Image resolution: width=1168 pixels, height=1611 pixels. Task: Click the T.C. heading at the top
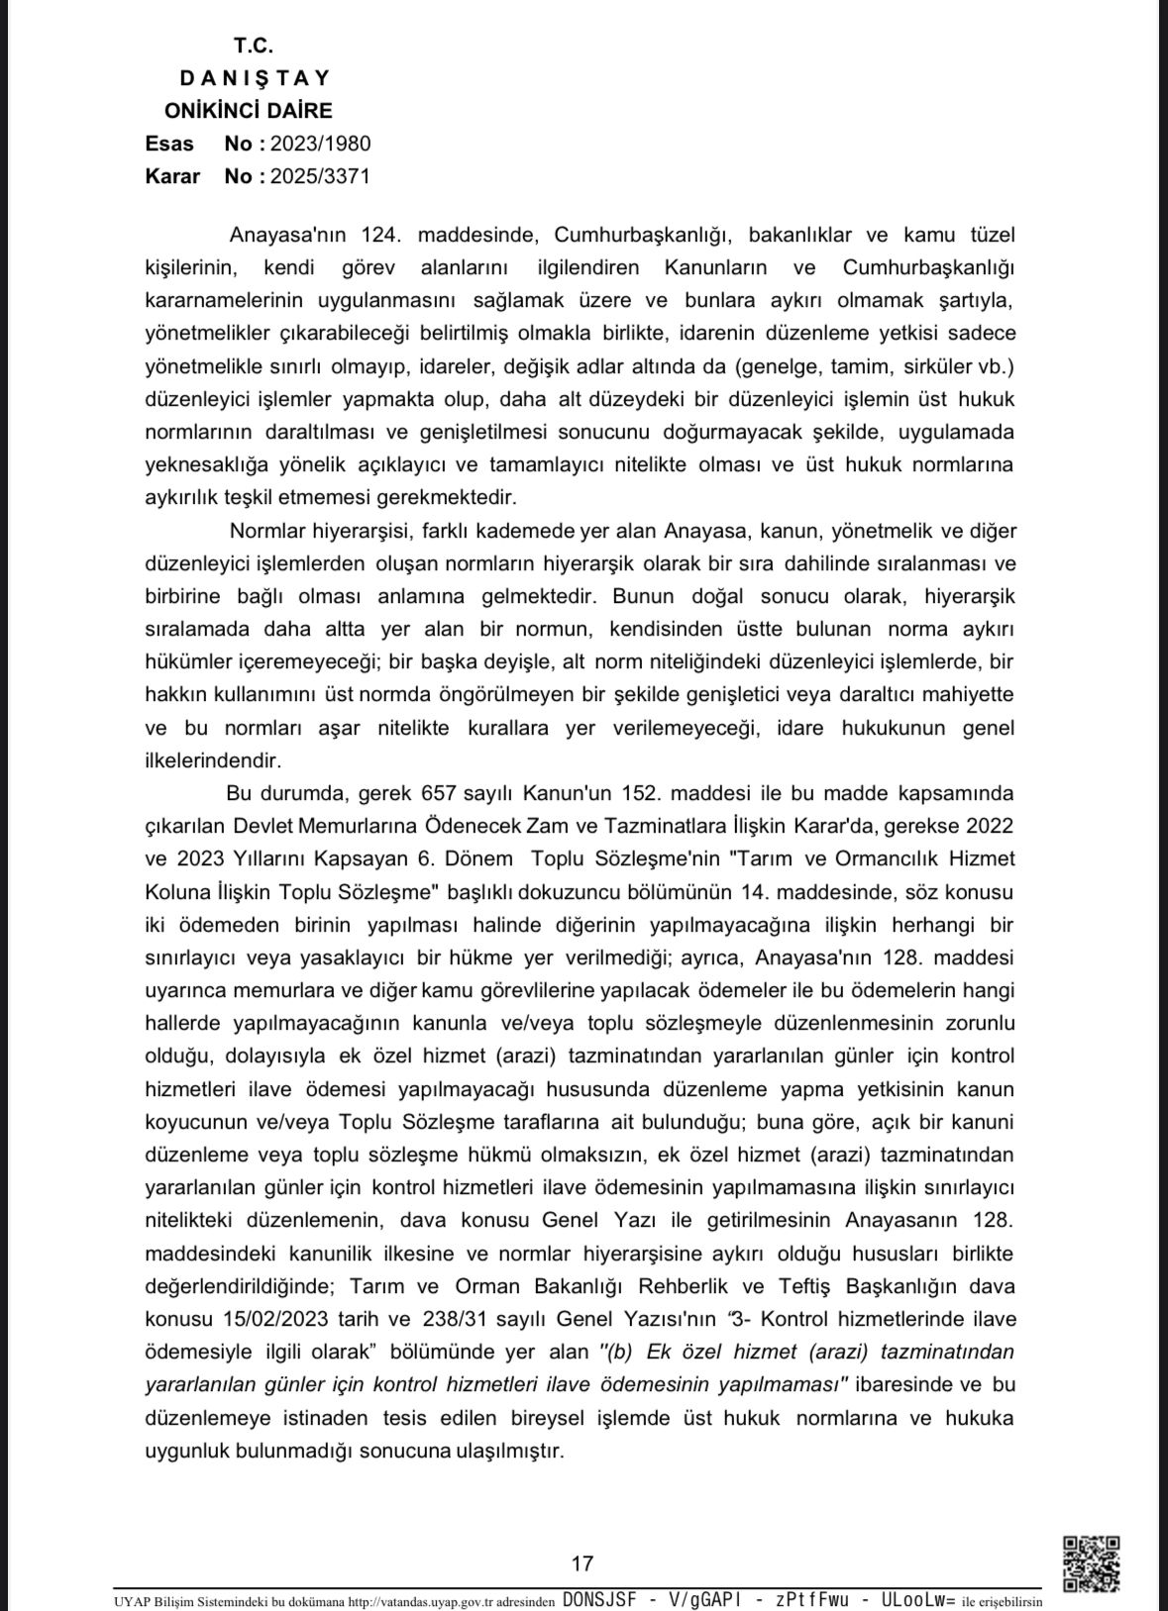click(x=254, y=46)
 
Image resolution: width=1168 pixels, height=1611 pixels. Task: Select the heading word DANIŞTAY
click(x=255, y=78)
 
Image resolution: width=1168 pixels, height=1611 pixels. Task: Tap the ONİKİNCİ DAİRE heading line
click(x=249, y=111)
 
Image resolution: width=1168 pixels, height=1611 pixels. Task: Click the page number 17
click(x=583, y=1563)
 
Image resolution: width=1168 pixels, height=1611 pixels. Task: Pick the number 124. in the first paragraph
click(x=380, y=236)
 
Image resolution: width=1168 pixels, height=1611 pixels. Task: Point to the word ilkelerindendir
click(x=213, y=760)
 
